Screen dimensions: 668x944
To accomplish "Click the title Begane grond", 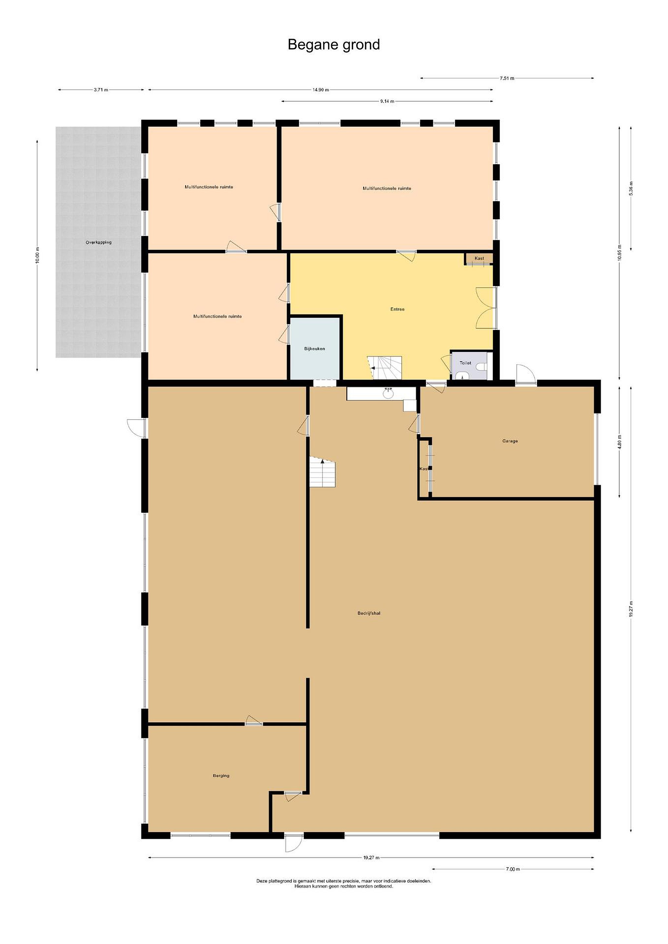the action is point(334,44).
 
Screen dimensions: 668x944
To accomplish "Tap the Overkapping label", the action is point(99,243).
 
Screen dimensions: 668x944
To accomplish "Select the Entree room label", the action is point(397,309).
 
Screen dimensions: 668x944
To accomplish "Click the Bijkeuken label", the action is point(315,349).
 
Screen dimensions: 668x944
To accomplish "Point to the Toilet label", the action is point(465,363).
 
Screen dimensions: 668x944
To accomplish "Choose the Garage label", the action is point(510,441).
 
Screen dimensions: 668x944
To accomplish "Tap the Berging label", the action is point(221,776).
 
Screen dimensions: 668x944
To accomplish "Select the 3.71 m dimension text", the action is point(101,89).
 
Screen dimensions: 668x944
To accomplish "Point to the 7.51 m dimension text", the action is point(507,78).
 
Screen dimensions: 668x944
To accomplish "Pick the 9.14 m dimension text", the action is point(387,101).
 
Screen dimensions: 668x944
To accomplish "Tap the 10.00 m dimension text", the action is point(37,255).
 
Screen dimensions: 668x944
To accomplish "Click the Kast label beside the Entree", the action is point(479,258).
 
